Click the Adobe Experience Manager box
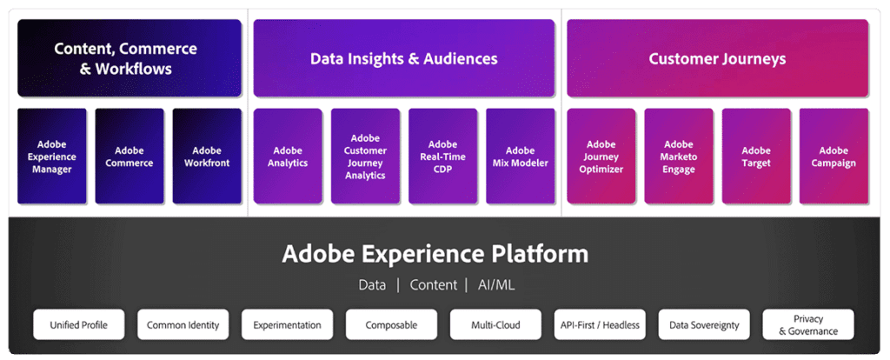pyautogui.click(x=52, y=157)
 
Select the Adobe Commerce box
pyautogui.click(x=130, y=157)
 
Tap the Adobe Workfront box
pyautogui.click(x=207, y=157)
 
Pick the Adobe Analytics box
pyautogui.click(x=288, y=157)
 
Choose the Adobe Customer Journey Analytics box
pyautogui.click(x=365, y=157)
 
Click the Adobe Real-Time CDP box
pyautogui.click(x=442, y=157)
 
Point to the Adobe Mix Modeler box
pyautogui.click(x=520, y=157)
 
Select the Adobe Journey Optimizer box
pyautogui.click(x=601, y=157)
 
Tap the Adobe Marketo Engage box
pyautogui.click(x=679, y=157)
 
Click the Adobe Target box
pyautogui.click(x=756, y=157)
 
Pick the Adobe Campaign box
pyautogui.click(x=834, y=157)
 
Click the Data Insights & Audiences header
pyautogui.click(x=404, y=59)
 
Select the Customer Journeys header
pyautogui.click(x=717, y=59)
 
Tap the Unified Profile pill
pyautogui.click(x=79, y=325)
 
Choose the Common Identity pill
pyautogui.click(x=183, y=325)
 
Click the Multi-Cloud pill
pyautogui.click(x=495, y=325)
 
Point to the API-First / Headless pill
pyautogui.click(x=600, y=325)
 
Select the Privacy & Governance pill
pyautogui.click(x=808, y=325)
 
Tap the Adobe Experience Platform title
pyautogui.click(x=435, y=254)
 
